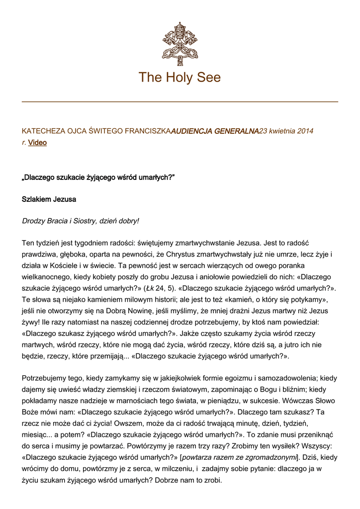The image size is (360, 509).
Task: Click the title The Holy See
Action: (x=180, y=78)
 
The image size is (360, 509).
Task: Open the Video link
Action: (x=37, y=143)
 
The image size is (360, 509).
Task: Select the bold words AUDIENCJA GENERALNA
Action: (x=215, y=131)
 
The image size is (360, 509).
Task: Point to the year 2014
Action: (x=305, y=131)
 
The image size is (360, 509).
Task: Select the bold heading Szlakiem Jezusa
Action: (x=49, y=199)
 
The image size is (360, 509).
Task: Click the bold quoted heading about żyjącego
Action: (x=98, y=177)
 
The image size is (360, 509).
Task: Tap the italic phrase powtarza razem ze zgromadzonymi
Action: (x=239, y=458)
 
